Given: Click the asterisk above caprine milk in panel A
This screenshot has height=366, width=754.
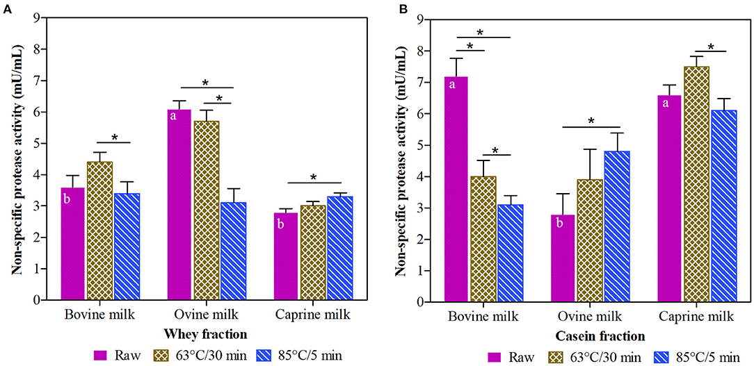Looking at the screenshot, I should click(313, 177).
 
